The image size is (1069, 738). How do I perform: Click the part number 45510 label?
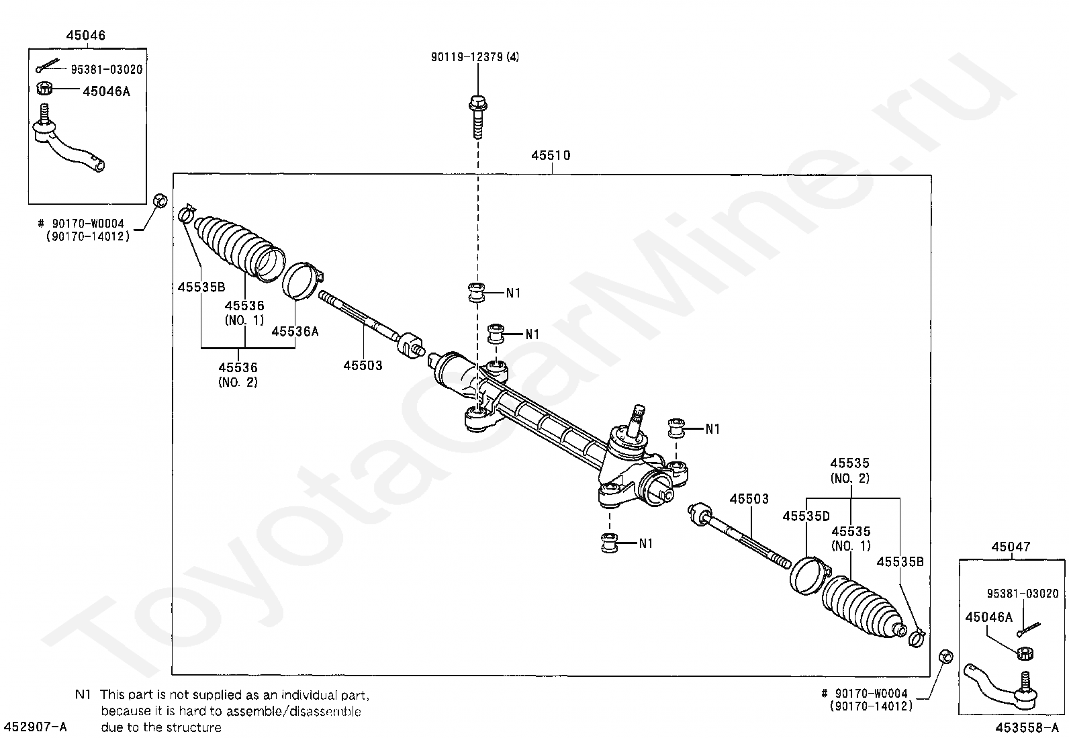551,156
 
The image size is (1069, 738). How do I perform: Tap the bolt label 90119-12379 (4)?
475,57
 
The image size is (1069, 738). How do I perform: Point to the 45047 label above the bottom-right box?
1011,547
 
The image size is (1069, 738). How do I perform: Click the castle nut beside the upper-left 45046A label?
44,88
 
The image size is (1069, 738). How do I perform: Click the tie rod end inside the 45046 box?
67,146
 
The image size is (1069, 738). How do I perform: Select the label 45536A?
295,331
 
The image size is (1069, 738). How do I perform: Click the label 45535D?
806,516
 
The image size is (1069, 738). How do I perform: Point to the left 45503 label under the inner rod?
363,366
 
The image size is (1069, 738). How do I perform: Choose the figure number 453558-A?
1027,727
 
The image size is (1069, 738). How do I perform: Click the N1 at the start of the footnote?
83,694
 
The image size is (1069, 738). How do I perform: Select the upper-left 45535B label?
201,287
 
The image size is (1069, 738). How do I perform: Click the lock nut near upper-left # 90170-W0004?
160,200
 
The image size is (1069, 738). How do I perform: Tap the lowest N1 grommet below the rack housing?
609,543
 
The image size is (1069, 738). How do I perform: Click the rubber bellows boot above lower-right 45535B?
863,604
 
